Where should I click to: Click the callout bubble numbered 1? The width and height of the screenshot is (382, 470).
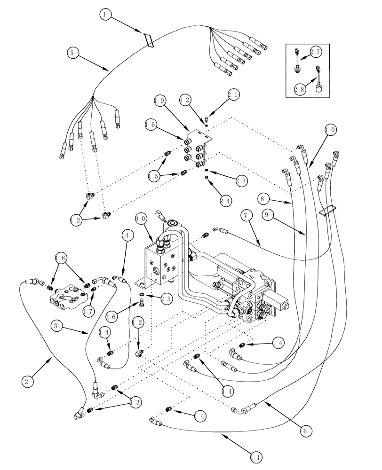[106, 15]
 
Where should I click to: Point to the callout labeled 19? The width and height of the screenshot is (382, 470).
[160, 100]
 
